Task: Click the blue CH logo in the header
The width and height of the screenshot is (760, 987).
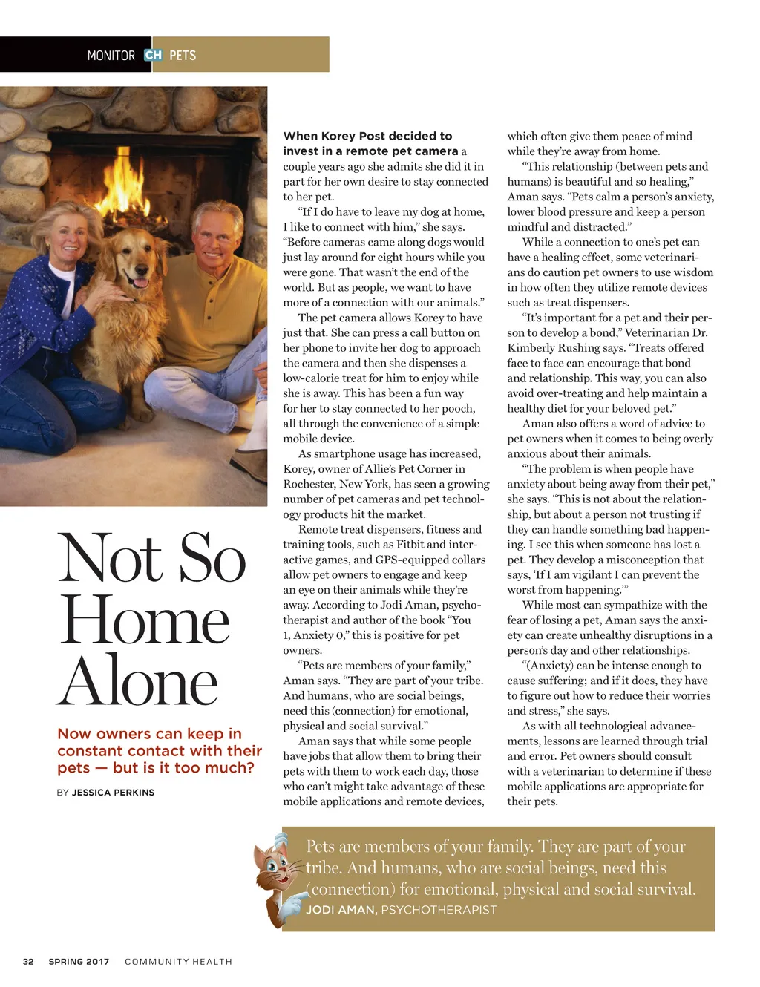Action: pyautogui.click(x=154, y=55)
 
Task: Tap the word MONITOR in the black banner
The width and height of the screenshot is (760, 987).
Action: pyautogui.click(x=111, y=56)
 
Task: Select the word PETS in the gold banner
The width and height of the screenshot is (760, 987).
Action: pyautogui.click(x=183, y=56)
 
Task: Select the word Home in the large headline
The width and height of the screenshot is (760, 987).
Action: pyautogui.click(x=145, y=620)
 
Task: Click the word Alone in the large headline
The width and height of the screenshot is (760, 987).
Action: pyautogui.click(x=139, y=681)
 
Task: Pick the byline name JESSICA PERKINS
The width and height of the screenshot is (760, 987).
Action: pyautogui.click(x=113, y=793)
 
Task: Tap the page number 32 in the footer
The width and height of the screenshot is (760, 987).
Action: pyautogui.click(x=28, y=962)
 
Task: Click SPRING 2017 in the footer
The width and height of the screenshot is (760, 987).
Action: pyautogui.click(x=79, y=962)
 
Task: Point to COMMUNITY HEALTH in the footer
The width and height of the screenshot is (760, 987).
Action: pyautogui.click(x=178, y=962)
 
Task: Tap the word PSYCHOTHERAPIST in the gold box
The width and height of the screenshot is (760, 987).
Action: pyautogui.click(x=439, y=910)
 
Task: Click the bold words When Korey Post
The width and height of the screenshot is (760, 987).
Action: pyautogui.click(x=327, y=136)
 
